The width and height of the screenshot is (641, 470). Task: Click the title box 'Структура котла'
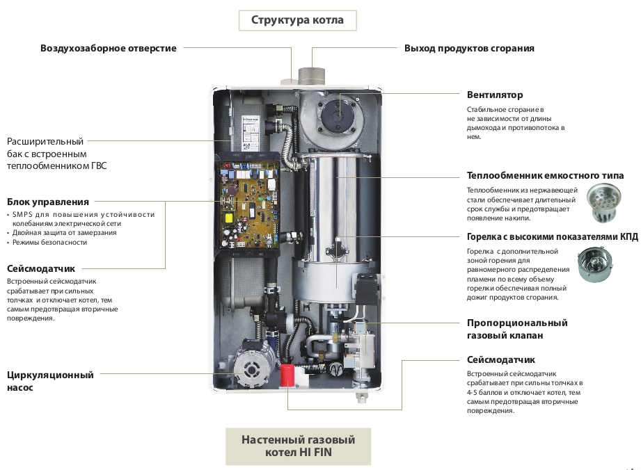(297, 20)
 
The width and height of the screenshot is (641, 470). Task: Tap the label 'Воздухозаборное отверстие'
(109, 49)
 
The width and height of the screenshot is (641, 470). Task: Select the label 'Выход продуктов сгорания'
(469, 49)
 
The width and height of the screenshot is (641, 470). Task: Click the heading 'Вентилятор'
(495, 95)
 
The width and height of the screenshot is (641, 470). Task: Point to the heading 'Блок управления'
(48, 202)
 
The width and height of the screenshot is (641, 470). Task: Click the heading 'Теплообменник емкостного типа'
(545, 175)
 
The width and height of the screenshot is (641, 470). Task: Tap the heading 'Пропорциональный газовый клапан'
(517, 329)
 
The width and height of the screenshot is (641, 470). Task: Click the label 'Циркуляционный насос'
(50, 381)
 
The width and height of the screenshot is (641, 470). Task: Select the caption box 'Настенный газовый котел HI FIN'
(298, 446)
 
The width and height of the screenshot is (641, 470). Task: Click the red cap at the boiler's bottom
(287, 375)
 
